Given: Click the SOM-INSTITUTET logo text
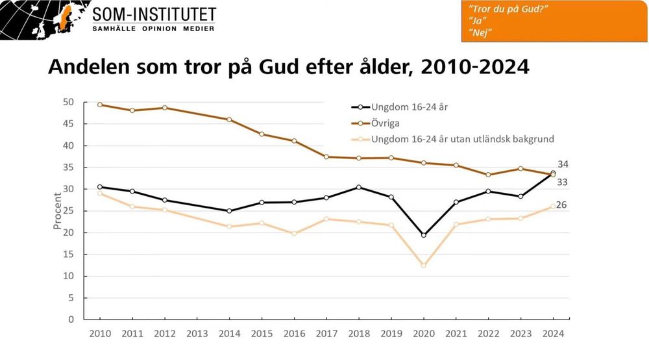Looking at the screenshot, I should click(154, 14).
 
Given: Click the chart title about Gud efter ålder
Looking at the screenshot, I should click(288, 68).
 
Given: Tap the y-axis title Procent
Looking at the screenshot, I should click(57, 211).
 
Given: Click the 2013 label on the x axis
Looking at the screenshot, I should click(197, 334).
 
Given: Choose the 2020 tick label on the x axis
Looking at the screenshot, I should click(423, 334).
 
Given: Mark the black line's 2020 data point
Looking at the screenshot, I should click(424, 235).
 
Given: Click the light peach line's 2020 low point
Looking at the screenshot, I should click(424, 266).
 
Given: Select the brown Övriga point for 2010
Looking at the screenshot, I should click(100, 105).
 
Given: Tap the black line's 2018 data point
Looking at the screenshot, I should click(359, 187).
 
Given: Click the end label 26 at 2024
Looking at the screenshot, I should click(561, 205).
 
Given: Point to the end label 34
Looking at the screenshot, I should click(563, 164).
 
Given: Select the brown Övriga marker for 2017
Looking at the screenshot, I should click(326, 156).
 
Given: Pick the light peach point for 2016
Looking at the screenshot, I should click(294, 233).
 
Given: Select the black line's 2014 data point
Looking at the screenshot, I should click(230, 211).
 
